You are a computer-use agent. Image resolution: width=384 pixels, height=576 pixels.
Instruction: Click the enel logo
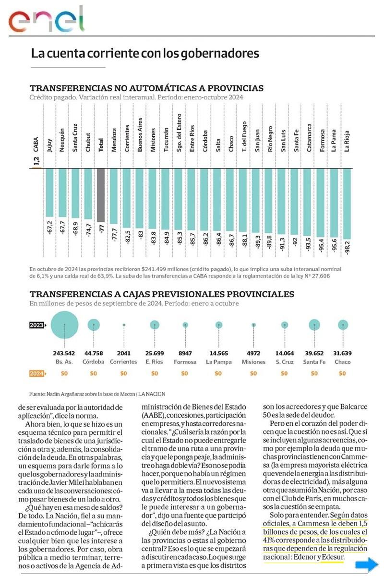click(46, 20)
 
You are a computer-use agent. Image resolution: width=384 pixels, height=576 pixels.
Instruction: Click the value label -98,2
click(347, 247)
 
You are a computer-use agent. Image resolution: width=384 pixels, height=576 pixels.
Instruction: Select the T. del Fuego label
click(244, 136)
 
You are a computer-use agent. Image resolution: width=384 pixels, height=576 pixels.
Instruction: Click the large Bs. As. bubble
click(65, 325)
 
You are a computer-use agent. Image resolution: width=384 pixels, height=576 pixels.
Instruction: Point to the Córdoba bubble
click(94, 325)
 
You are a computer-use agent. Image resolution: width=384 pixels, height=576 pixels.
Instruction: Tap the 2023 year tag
click(38, 325)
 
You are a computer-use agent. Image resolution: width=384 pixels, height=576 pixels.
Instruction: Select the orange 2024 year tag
click(38, 373)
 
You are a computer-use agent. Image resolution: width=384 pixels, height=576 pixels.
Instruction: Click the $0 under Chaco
click(343, 373)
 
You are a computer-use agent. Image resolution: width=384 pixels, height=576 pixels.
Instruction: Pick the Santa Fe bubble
click(314, 325)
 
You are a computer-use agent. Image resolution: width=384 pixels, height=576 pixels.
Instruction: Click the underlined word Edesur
click(334, 557)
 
